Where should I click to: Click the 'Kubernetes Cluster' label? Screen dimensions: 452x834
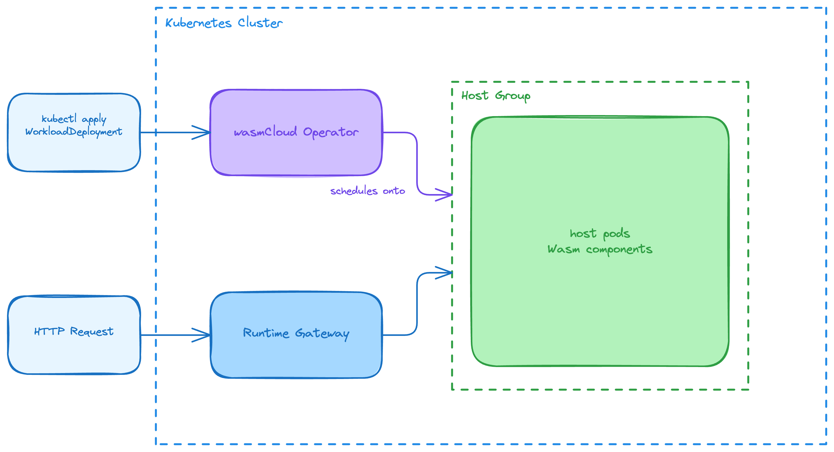[x=224, y=23]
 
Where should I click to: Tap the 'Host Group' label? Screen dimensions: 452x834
[x=496, y=96]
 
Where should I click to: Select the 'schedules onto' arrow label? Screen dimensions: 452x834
[x=367, y=191]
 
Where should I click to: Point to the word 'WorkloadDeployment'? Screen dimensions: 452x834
[x=74, y=132]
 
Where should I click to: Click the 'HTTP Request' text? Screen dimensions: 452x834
[x=74, y=331]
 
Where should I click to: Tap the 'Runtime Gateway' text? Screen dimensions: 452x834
[x=296, y=333]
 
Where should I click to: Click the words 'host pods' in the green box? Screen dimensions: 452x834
[x=600, y=234]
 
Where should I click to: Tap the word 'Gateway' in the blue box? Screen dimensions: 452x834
[x=322, y=334]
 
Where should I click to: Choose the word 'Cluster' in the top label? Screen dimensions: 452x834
[x=260, y=23]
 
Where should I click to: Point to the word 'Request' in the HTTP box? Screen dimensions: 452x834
[x=92, y=331]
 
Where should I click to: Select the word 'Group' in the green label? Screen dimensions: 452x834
[x=513, y=96]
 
